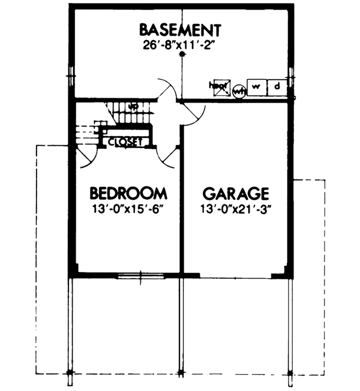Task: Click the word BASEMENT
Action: pyautogui.click(x=181, y=29)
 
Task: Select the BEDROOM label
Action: pyautogui.click(x=128, y=193)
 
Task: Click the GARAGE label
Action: pyautogui.click(x=235, y=193)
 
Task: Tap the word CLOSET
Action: pyautogui.click(x=124, y=142)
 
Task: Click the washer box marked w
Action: pyautogui.click(x=256, y=88)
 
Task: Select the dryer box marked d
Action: pyautogui.click(x=277, y=88)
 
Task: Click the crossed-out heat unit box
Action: pyautogui.click(x=220, y=88)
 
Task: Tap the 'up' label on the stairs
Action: pyautogui.click(x=134, y=107)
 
